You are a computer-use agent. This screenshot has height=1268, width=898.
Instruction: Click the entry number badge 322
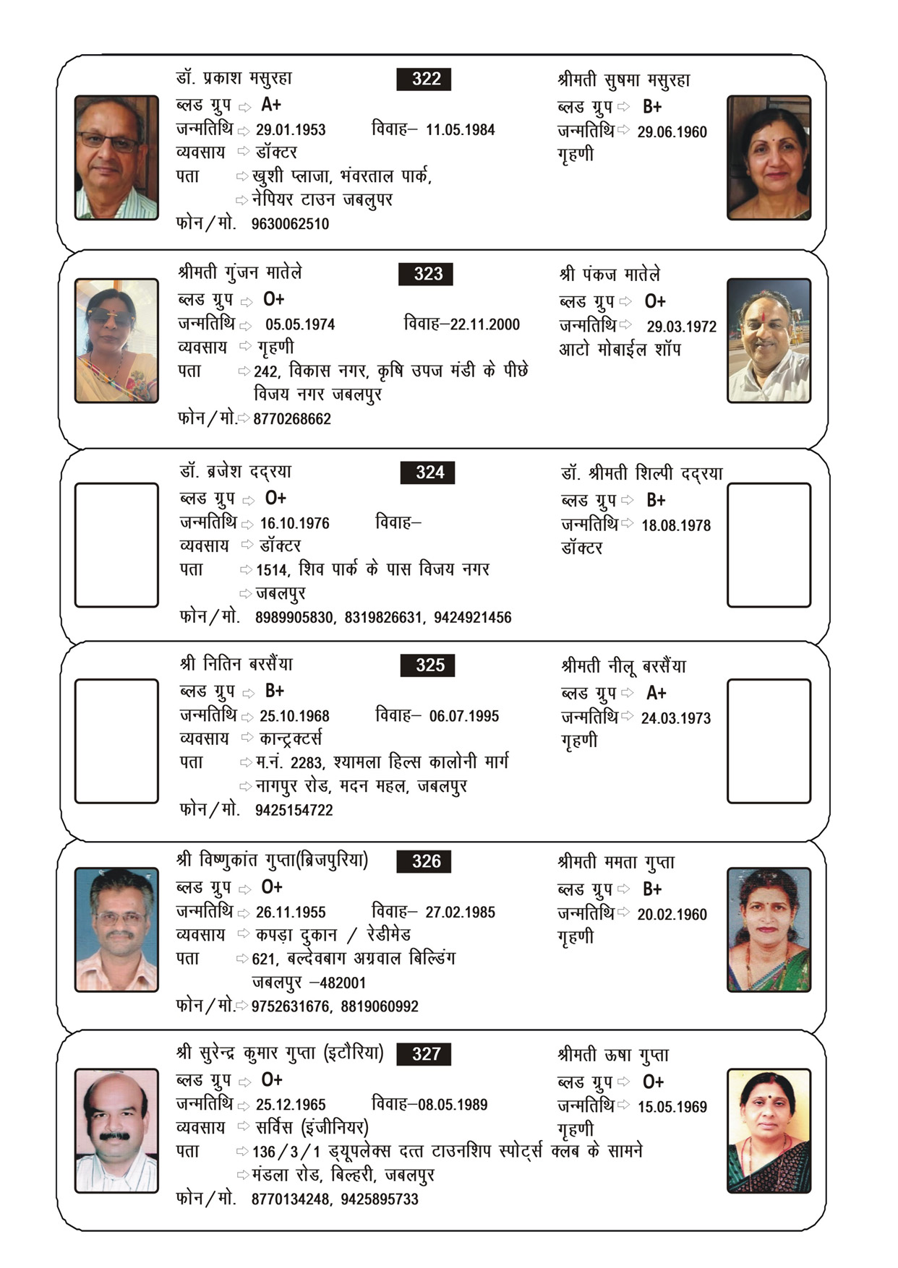click(424, 79)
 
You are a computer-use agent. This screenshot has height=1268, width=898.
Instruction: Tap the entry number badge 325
click(427, 665)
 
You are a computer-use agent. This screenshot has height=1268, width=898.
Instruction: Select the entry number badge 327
click(424, 1054)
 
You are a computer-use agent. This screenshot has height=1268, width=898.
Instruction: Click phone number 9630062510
click(290, 224)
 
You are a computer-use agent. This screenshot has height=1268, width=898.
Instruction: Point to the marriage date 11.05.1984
click(460, 130)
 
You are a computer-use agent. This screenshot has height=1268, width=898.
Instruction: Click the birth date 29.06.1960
click(672, 132)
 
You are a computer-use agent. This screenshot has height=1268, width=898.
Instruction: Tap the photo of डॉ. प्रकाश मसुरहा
click(116, 158)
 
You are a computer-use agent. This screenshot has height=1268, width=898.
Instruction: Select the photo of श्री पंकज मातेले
click(769, 340)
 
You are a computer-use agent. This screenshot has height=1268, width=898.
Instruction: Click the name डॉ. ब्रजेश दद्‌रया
click(236, 472)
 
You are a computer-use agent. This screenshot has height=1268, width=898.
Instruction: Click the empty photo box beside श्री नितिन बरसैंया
click(116, 741)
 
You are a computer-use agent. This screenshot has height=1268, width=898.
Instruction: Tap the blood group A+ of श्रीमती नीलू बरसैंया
click(656, 694)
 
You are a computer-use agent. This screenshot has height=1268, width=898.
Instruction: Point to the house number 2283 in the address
click(307, 763)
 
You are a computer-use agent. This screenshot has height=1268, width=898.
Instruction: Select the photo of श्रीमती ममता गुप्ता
click(769, 930)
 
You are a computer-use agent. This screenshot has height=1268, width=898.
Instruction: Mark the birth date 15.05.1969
click(672, 1107)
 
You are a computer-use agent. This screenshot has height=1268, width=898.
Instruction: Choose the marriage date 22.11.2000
click(484, 324)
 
